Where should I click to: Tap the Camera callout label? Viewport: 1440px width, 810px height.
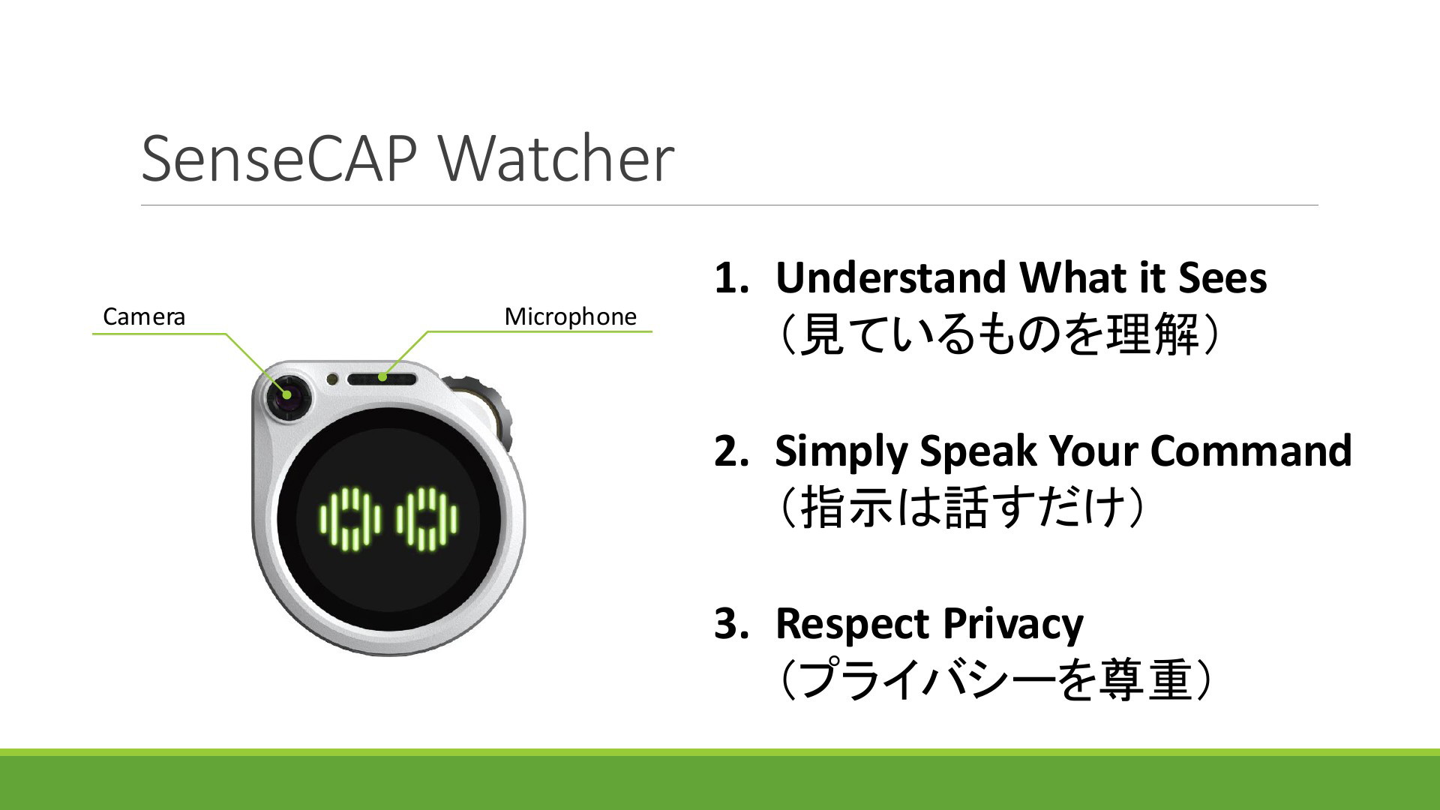point(144,317)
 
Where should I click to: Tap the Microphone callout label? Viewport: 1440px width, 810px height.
point(571,316)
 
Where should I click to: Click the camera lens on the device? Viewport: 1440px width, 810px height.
point(286,395)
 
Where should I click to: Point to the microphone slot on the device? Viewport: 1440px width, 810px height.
point(382,378)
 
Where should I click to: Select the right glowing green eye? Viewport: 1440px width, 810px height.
point(427,519)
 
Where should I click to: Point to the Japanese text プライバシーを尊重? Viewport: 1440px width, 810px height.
point(996,681)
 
